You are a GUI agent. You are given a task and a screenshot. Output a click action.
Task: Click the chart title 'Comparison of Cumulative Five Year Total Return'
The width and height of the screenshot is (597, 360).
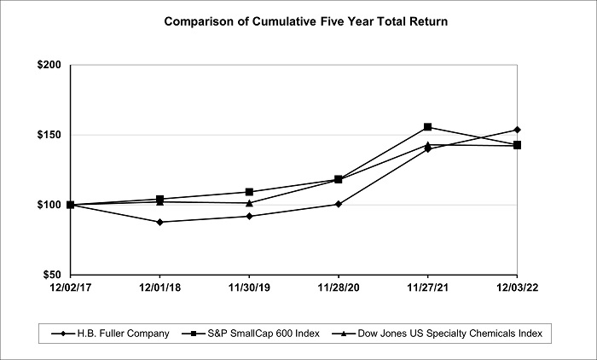tap(298, 20)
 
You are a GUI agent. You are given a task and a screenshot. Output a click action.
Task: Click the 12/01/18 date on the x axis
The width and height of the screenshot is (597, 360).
tap(159, 289)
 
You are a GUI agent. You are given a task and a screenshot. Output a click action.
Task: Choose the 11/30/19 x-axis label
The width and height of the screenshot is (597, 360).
tap(249, 289)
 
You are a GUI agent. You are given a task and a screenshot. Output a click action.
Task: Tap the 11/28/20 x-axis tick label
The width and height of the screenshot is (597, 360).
tap(339, 289)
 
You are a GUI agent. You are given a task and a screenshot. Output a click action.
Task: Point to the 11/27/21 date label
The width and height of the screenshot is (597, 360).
tap(428, 289)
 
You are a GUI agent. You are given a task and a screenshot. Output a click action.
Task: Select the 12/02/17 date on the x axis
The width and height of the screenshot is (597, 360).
tap(70, 289)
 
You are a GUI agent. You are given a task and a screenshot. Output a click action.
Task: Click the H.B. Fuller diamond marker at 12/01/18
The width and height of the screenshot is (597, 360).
tap(159, 222)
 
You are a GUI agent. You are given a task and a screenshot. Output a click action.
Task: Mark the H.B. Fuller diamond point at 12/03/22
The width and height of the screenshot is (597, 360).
tap(517, 130)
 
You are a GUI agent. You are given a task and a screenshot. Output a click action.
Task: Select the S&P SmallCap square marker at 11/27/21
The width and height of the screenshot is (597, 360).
tap(428, 127)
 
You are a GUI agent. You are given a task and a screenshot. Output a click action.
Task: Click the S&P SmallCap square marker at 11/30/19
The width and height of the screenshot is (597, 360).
tap(249, 192)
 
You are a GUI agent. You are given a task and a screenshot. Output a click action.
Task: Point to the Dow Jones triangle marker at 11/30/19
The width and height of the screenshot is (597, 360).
tap(249, 203)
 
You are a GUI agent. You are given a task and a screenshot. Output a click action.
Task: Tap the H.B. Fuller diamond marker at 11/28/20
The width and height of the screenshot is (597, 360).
tap(339, 204)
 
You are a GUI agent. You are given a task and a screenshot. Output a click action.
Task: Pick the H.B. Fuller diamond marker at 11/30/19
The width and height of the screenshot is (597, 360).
tap(249, 216)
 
